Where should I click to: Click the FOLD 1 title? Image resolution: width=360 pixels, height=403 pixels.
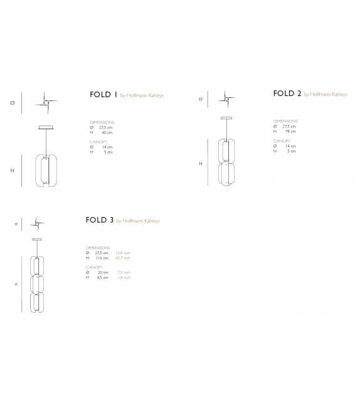pyautogui.click(x=103, y=95)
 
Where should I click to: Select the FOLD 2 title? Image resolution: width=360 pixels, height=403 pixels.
pyautogui.click(x=287, y=94)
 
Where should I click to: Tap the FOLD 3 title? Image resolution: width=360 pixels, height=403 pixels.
pyautogui.click(x=100, y=220)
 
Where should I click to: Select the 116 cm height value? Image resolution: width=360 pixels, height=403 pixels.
pyautogui.click(x=102, y=257)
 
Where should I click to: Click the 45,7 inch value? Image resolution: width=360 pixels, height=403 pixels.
pyautogui.click(x=123, y=257)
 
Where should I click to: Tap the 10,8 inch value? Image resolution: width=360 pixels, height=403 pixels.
pyautogui.click(x=123, y=253)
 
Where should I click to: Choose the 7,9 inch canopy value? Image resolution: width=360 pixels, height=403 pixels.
pyautogui.click(x=123, y=272)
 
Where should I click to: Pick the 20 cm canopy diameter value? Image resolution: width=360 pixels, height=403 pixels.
pyautogui.click(x=102, y=272)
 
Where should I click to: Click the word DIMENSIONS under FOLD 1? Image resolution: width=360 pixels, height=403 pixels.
pyautogui.click(x=102, y=122)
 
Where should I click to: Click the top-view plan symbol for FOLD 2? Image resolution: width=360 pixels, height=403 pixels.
pyautogui.click(x=225, y=99)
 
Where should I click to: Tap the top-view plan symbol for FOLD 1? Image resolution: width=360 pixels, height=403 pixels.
pyautogui.click(x=48, y=100)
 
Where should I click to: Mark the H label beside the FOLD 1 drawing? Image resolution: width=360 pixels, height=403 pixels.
pyautogui.click(x=12, y=170)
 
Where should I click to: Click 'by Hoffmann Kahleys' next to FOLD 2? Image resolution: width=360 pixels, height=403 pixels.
pyautogui.click(x=326, y=94)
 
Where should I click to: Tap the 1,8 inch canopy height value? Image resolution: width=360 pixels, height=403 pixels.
pyautogui.click(x=123, y=277)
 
